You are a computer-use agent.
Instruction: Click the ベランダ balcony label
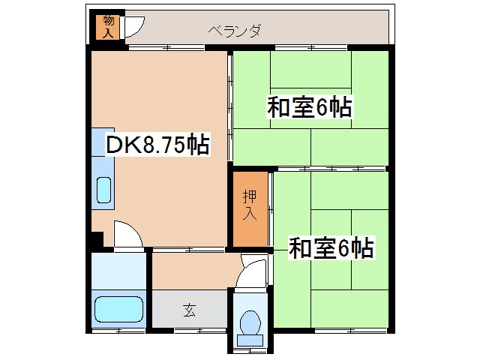pyautogui.click(x=235, y=31)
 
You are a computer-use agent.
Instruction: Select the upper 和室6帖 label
pyautogui.click(x=310, y=108)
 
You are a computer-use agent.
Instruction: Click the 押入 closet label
pyautogui.click(x=249, y=205)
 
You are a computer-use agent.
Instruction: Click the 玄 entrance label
pyautogui.click(x=189, y=309)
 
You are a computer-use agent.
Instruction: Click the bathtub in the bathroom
pyautogui.click(x=118, y=309)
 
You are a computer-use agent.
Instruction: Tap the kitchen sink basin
pyautogui.click(x=103, y=191)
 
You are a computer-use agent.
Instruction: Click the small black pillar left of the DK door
pyautogui.click(x=96, y=241)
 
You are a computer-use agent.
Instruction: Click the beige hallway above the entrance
pyautogui.click(x=195, y=270)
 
